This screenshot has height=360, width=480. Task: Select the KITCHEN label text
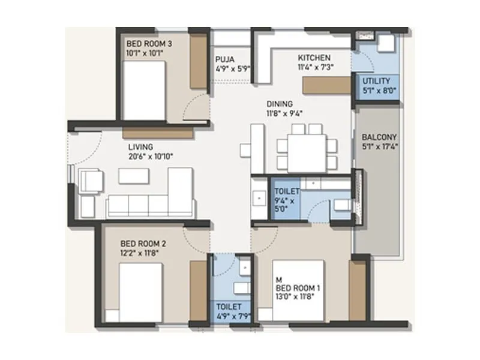point(314,58)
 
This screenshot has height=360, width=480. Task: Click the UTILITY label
point(376,80)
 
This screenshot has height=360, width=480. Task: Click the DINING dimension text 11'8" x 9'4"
point(285,113)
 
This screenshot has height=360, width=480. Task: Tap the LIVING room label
point(140,146)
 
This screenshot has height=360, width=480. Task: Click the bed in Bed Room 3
point(145,89)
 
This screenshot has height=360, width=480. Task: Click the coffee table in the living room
point(133,176)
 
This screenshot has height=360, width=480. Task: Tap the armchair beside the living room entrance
point(91,180)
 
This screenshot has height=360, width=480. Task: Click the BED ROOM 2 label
point(143,244)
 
